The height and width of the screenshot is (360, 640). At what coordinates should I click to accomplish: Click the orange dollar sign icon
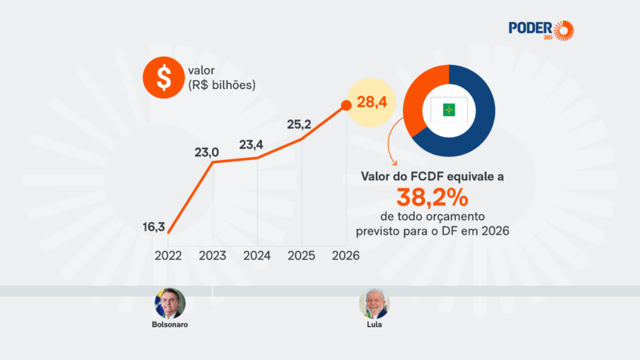[x=161, y=77]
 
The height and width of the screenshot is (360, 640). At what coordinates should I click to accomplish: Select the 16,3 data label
[x=154, y=226]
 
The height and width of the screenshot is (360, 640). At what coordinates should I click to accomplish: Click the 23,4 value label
[x=253, y=145]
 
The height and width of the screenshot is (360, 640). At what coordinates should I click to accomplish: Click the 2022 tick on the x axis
[x=168, y=255]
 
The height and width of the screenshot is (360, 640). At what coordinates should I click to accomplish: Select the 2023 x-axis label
[x=213, y=255]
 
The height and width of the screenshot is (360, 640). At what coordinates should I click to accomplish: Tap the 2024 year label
[x=257, y=255]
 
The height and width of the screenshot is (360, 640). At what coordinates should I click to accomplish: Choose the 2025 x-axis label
[x=302, y=255]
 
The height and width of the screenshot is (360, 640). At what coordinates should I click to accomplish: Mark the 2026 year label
[x=346, y=255]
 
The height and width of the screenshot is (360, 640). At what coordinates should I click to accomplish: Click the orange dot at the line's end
[x=346, y=104]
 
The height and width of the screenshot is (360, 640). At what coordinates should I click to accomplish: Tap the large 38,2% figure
[x=432, y=198]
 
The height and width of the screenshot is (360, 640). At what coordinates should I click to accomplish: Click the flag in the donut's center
[x=449, y=110]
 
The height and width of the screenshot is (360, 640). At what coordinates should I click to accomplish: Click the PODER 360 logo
[x=541, y=29]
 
